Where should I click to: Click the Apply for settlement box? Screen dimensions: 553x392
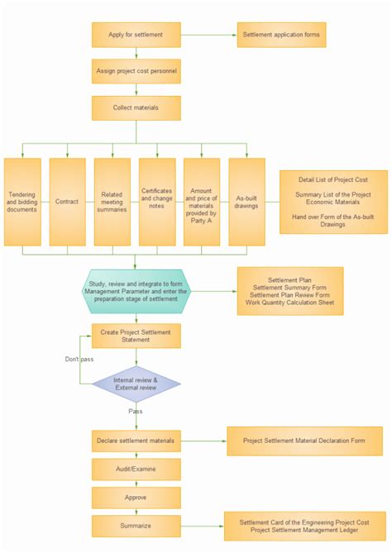pos(136,35)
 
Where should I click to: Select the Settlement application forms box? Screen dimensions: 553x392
pos(281,35)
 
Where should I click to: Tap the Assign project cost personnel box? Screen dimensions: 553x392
pos(136,71)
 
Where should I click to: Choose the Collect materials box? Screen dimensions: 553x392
pos(136,107)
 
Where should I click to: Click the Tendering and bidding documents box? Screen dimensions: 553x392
pos(22,202)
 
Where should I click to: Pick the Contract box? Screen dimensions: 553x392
pos(67,202)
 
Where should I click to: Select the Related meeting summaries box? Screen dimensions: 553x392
pos(112,202)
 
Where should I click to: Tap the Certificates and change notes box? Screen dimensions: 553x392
pos(157,202)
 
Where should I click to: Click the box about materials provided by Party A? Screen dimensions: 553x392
pos(202,202)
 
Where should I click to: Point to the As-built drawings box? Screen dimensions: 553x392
pos(246,202)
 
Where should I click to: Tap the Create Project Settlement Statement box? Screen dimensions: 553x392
pos(136,336)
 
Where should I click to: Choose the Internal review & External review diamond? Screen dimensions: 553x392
pos(136,384)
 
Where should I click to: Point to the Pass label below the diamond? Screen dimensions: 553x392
pos(136,411)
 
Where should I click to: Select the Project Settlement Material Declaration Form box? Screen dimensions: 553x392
pos(304,441)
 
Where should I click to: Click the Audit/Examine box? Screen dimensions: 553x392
pos(136,470)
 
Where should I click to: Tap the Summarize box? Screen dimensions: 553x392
pos(136,526)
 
